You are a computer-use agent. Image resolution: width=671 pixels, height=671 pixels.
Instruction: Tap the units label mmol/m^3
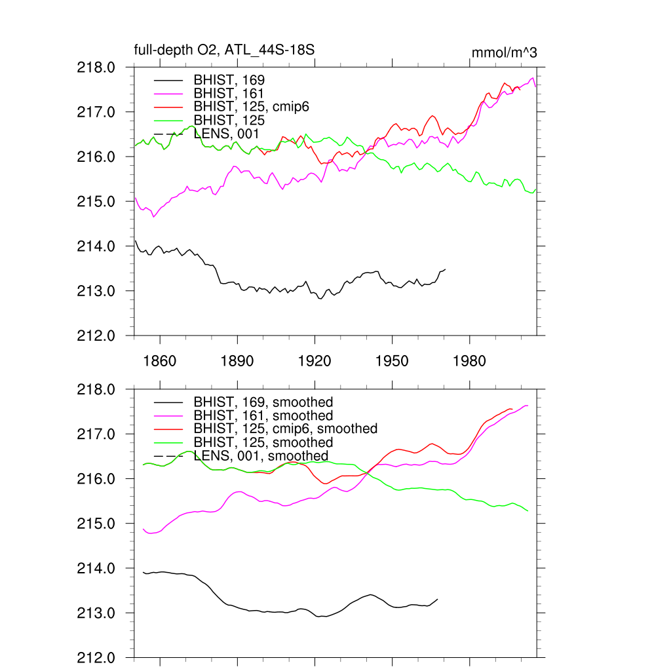[x=504, y=52]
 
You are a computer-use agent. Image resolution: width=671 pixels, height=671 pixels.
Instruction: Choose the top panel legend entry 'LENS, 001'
[x=227, y=134]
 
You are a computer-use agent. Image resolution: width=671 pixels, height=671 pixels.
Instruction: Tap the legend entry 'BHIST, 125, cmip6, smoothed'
[x=286, y=429]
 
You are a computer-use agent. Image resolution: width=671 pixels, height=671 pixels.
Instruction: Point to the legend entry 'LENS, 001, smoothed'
[x=261, y=455]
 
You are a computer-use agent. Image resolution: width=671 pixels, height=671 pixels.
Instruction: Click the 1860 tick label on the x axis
[x=160, y=362]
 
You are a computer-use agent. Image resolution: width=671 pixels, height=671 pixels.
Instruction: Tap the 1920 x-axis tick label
[x=315, y=362]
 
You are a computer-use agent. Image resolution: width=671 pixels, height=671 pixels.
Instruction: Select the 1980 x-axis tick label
[x=469, y=362]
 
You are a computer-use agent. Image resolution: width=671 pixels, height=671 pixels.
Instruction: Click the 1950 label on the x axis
[x=392, y=362]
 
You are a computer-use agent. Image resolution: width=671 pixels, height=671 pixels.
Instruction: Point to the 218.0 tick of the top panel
[x=97, y=67]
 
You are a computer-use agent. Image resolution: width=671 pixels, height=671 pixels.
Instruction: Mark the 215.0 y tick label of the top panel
[x=97, y=202]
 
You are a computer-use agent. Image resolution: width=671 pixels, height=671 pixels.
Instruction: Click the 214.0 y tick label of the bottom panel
[x=97, y=569]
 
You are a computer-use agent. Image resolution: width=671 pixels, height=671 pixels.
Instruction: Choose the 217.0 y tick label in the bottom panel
[x=97, y=434]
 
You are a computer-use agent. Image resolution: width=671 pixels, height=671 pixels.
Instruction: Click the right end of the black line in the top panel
[x=445, y=269]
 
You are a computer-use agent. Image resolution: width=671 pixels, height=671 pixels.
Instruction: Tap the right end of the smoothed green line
[x=528, y=511]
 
